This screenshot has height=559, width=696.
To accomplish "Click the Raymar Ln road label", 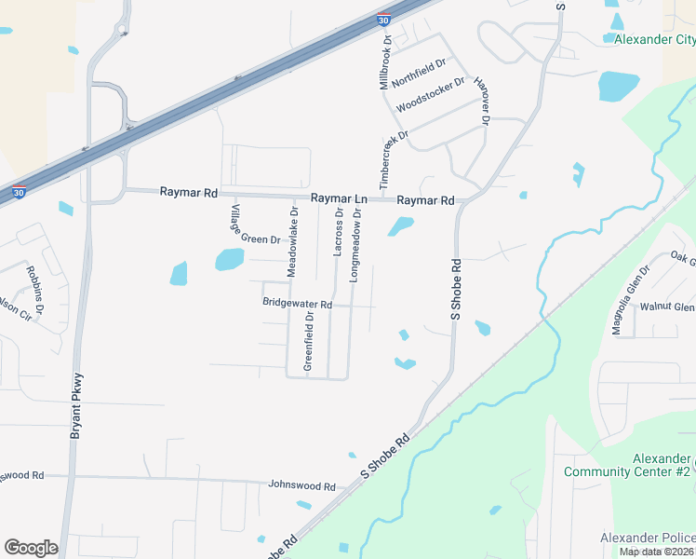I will pos(339,198).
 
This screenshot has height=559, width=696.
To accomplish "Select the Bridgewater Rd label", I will pos(297,304).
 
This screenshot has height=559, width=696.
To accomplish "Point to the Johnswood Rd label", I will pos(301,486).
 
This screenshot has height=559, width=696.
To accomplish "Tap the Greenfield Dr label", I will pos(309,341).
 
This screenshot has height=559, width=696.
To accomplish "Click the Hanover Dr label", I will pos(482,99).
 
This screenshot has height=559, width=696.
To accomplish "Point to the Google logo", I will pos(31,548).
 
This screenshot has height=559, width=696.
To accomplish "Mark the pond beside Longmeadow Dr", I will pos(401,225).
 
